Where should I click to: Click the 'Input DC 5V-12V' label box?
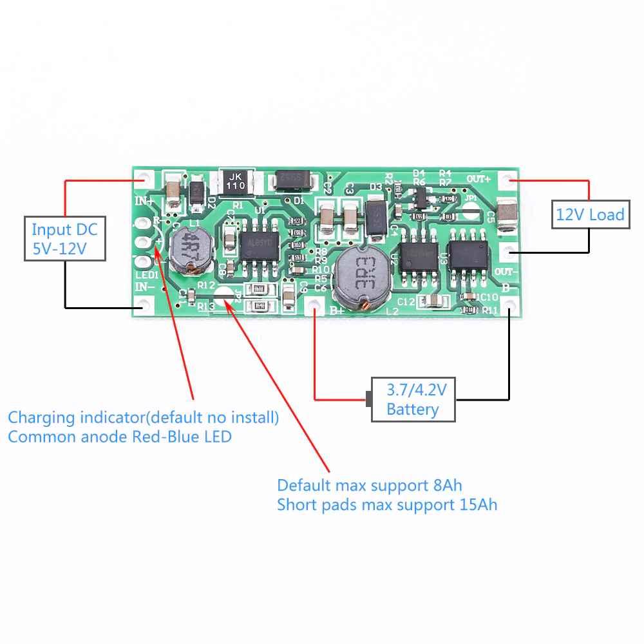[64, 239]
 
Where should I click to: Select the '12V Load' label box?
[590, 214]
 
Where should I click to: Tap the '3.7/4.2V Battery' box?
[413, 399]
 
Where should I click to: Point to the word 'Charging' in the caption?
[41, 417]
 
